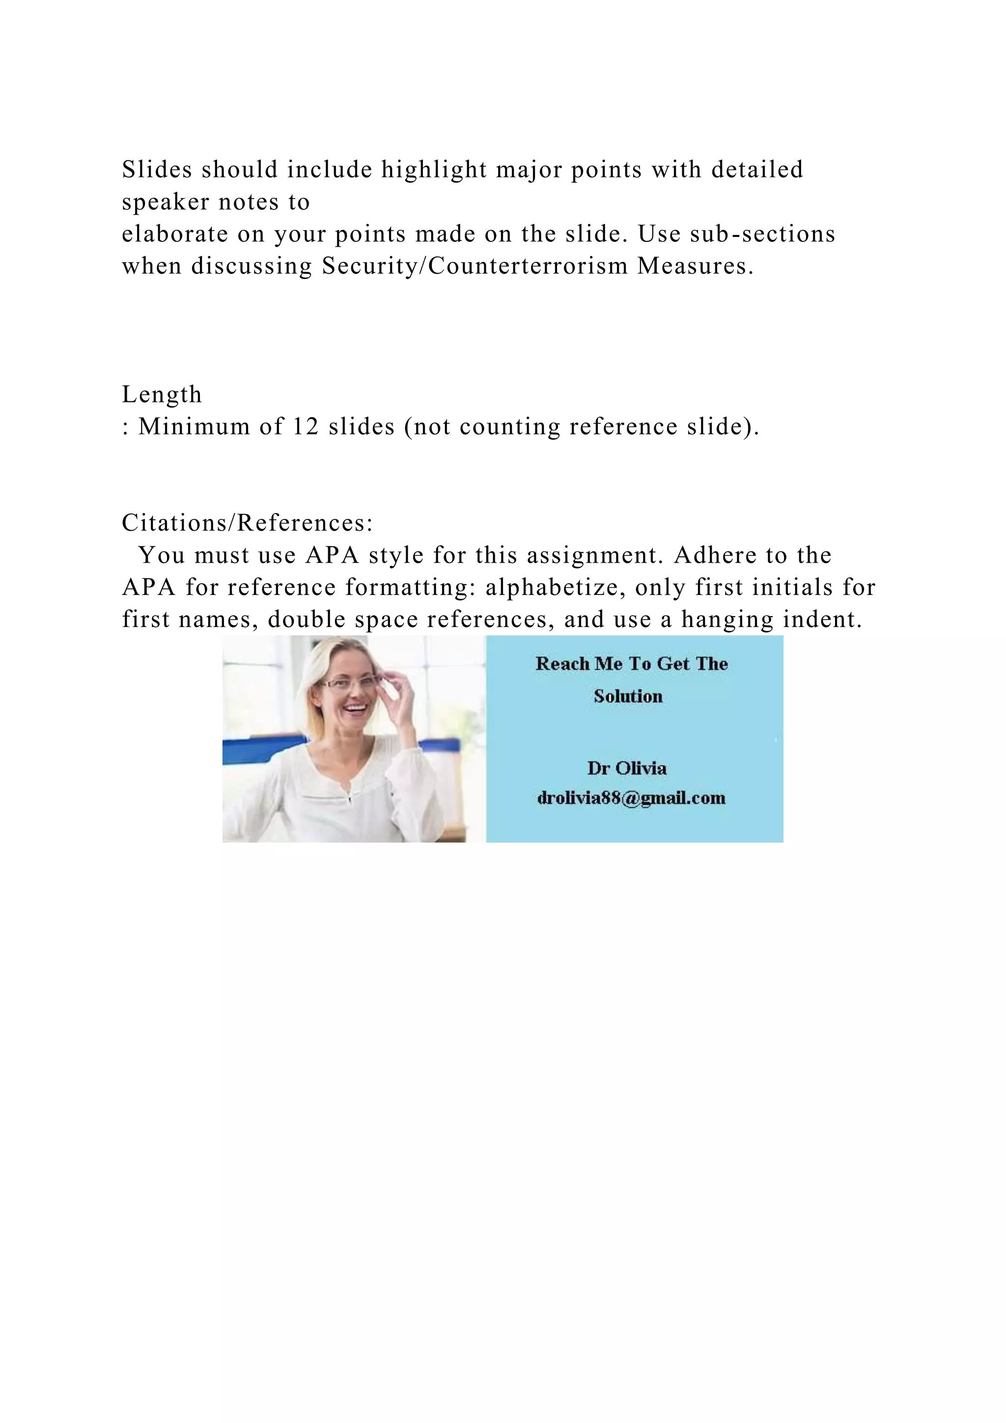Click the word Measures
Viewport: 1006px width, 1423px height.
tap(696, 266)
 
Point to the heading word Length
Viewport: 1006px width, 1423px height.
tap(162, 394)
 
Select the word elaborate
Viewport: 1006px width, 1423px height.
tap(175, 234)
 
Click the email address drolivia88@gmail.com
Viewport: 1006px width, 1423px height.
tap(631, 797)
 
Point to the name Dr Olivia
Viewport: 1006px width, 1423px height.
tap(627, 768)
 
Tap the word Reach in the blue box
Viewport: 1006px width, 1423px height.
tap(562, 664)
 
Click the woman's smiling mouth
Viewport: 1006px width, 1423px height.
tap(354, 707)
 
